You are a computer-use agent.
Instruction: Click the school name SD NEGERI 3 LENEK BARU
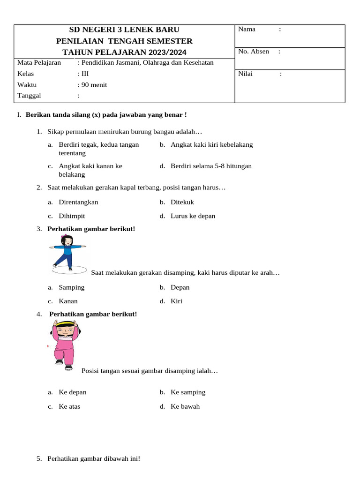click(x=124, y=30)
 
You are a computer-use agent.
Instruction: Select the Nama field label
click(x=247, y=29)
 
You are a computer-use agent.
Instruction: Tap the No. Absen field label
click(x=254, y=51)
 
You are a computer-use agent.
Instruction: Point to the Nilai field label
click(x=245, y=74)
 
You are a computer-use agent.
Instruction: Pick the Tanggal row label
click(x=29, y=96)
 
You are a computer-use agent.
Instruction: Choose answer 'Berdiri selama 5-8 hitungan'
click(x=211, y=166)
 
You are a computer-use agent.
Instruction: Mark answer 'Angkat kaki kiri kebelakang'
click(x=211, y=144)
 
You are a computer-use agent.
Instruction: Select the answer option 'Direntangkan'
click(x=78, y=202)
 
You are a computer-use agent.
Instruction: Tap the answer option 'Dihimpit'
click(x=72, y=216)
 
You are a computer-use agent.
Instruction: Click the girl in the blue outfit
click(x=68, y=253)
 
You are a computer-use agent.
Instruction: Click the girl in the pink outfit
click(x=65, y=345)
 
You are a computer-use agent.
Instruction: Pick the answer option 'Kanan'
click(x=68, y=301)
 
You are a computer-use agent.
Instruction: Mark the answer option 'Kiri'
click(x=176, y=301)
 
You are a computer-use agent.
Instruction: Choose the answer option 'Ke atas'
click(x=69, y=406)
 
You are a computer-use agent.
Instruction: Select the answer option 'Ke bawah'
click(x=185, y=406)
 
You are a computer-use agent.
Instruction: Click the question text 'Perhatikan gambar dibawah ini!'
click(x=93, y=459)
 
